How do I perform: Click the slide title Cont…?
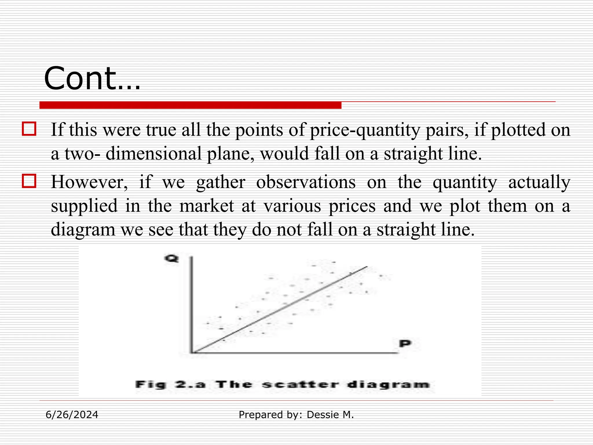92,79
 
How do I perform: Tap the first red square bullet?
29,129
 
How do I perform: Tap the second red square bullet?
29,181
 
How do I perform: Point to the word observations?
306,182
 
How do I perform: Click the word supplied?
84,206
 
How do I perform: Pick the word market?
206,206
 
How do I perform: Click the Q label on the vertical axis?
171,258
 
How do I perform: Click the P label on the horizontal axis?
405,344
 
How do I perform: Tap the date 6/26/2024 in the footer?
72,415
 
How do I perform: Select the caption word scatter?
300,385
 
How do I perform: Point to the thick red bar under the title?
190,105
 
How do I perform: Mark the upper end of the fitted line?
367,267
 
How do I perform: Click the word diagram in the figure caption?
388,385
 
